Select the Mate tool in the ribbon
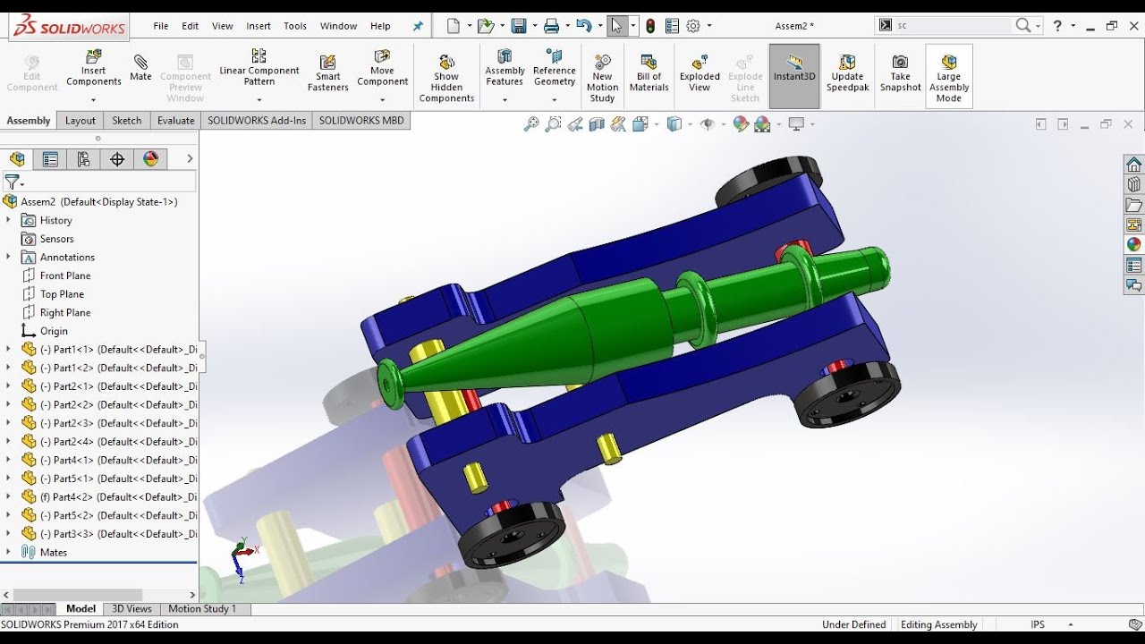click(140, 68)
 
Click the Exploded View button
click(700, 72)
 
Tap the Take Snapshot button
click(900, 72)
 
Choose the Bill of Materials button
click(649, 72)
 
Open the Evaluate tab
click(175, 121)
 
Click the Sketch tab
click(126, 121)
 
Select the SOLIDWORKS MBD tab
click(361, 121)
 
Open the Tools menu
click(295, 26)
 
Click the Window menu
click(338, 26)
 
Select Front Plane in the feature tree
click(64, 275)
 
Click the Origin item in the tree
click(53, 331)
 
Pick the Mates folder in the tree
click(53, 552)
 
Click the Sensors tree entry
click(56, 239)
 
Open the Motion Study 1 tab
click(202, 609)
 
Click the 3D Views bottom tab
click(131, 609)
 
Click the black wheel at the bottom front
click(511, 534)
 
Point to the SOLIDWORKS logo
click(70, 27)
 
